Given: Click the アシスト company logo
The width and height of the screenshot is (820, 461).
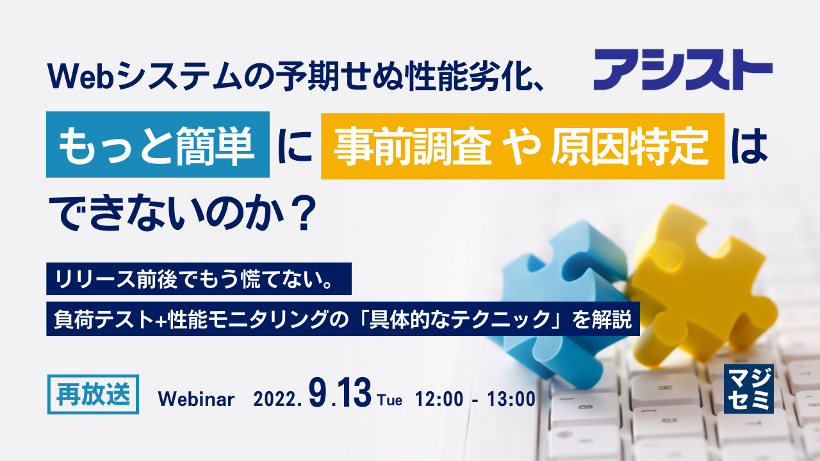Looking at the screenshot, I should [682, 72].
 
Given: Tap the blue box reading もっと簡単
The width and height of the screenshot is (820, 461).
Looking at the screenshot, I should [158, 145].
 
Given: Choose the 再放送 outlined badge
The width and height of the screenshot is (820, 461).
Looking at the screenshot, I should [93, 393].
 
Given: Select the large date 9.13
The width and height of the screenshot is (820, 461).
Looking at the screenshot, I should [340, 393].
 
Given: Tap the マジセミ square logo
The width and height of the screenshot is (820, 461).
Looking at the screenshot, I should [748, 389].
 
